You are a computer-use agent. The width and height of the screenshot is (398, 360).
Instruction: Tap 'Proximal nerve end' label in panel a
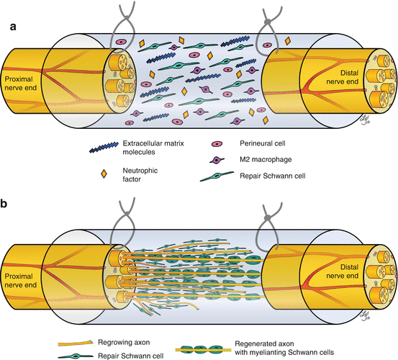[22, 82]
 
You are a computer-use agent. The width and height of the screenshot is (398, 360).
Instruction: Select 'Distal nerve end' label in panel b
[368, 256]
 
